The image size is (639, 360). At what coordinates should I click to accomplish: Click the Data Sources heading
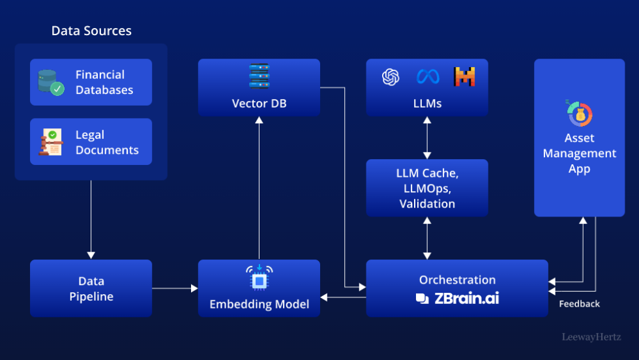coord(91,31)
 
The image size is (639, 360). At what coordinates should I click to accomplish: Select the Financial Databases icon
coord(51,82)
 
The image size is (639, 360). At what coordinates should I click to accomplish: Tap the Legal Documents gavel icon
coord(51,142)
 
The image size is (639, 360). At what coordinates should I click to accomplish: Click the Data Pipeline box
coord(91,288)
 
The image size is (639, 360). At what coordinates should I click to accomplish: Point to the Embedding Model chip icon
coord(259,277)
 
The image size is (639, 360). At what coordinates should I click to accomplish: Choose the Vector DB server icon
coord(259,76)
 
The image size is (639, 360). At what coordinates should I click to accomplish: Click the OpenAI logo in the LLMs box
coord(391,77)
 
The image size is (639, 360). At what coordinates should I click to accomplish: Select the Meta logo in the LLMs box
coord(428,77)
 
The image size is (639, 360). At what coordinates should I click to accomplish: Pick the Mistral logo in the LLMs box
coord(464,77)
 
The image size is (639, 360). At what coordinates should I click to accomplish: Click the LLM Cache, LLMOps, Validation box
coord(426,188)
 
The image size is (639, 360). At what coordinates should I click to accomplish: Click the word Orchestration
coord(457,280)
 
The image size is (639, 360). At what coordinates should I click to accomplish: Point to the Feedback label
coord(579,304)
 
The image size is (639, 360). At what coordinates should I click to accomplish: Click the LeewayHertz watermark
coord(591,337)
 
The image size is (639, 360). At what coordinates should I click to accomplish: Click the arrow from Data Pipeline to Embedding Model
coord(175,288)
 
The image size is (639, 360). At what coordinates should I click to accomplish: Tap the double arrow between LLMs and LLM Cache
coord(426,138)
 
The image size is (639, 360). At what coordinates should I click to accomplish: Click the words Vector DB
coord(259,104)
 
